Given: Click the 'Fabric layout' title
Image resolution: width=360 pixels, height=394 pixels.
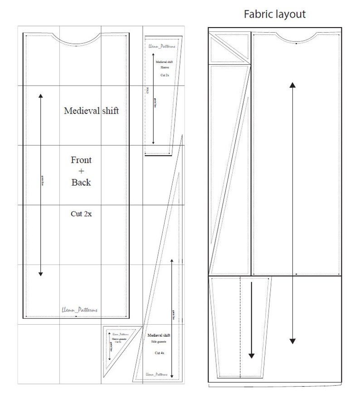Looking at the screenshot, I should pos(275,14).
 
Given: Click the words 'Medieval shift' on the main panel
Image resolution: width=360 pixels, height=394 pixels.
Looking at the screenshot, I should pos(91,111).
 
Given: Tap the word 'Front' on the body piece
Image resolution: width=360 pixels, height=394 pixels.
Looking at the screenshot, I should pos(81,160).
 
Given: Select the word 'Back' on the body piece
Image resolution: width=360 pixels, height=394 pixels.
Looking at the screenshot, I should pos(81,183).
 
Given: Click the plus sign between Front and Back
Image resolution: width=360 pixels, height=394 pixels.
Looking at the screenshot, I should pos(81,171).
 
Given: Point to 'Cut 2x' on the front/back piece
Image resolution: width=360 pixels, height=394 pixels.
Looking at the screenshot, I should pos(81,214).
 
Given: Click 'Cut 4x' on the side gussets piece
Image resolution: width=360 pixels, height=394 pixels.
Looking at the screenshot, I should pos(159,352).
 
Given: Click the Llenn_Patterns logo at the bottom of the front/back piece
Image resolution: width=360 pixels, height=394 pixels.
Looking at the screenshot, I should pos(79,310).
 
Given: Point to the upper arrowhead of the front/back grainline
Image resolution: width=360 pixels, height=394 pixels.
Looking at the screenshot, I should pos(41,96).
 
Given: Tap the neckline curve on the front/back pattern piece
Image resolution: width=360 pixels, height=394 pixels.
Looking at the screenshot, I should pos(77,42).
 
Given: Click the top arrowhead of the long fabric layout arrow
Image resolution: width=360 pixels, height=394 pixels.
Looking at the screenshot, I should pos(293,85).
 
